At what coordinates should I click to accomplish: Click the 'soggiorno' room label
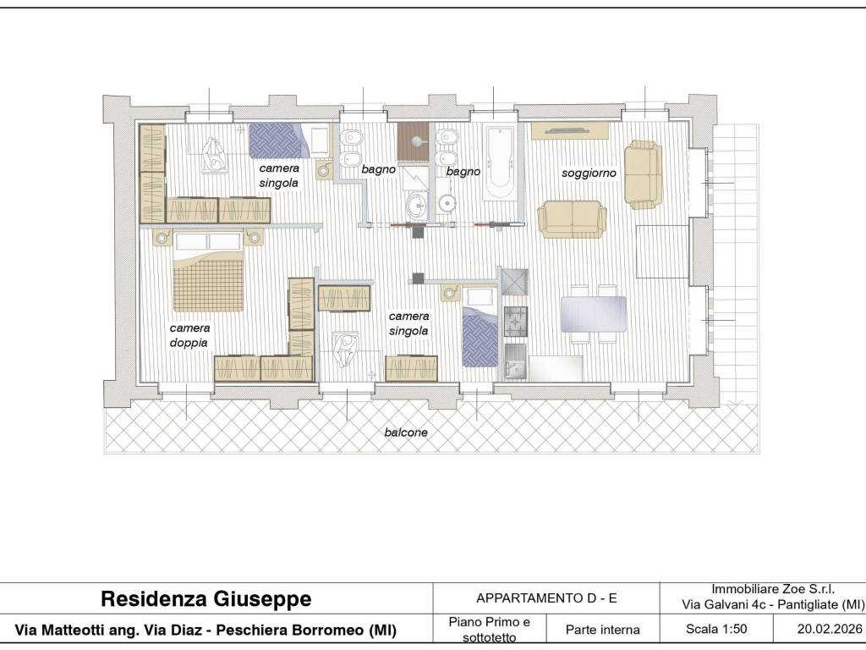(589, 173)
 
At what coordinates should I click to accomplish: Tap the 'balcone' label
(406, 432)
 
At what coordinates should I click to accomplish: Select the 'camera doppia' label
(189, 335)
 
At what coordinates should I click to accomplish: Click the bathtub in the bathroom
(501, 162)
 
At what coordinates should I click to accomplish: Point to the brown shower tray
(413, 142)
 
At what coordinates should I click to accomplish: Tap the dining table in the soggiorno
(593, 314)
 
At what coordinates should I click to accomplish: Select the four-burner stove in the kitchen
(516, 321)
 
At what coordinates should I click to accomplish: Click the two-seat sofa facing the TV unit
(573, 219)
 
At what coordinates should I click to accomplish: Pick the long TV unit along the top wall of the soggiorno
(570, 131)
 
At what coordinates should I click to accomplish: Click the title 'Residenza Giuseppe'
(206, 598)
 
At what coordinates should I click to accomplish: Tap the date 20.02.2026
(830, 629)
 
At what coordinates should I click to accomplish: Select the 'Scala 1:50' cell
(716, 629)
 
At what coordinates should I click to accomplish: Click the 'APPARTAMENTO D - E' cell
(546, 598)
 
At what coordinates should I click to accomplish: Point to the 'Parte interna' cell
(602, 630)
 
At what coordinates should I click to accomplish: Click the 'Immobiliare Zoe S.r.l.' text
(773, 589)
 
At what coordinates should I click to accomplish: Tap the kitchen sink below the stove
(516, 361)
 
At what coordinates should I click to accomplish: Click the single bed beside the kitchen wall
(480, 327)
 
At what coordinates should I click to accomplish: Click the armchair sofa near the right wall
(644, 174)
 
